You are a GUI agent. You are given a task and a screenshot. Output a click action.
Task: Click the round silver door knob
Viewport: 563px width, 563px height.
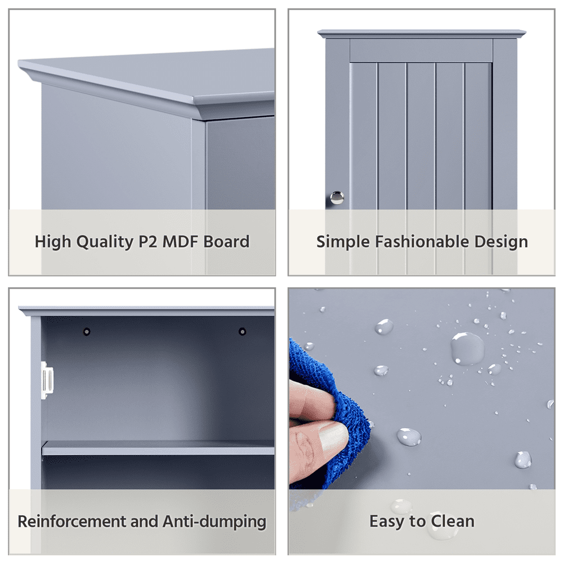pyautogui.click(x=337, y=198)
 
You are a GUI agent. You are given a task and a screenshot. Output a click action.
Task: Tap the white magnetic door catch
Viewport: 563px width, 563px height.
pyautogui.click(x=47, y=381)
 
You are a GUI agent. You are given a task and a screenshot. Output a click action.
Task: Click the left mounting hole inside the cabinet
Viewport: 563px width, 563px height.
pyautogui.click(x=87, y=332)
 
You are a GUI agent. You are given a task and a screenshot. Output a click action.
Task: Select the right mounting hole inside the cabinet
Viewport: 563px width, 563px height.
pyautogui.click(x=242, y=332)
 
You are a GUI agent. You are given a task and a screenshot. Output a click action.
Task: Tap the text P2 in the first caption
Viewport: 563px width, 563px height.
pyautogui.click(x=148, y=242)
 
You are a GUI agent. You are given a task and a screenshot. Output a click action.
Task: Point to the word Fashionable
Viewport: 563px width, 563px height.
pyautogui.click(x=422, y=242)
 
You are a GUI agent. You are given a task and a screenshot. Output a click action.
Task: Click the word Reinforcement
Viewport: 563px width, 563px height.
pyautogui.click(x=72, y=521)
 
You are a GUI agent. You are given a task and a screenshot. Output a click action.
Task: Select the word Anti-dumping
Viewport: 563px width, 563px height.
pyautogui.click(x=215, y=522)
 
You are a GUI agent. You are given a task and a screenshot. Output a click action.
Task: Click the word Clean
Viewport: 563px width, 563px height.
pyautogui.click(x=453, y=521)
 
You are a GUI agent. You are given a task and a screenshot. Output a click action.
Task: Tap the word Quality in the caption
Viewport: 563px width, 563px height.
pyautogui.click(x=105, y=242)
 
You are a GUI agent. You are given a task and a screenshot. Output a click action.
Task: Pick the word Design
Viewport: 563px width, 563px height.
pyautogui.click(x=501, y=242)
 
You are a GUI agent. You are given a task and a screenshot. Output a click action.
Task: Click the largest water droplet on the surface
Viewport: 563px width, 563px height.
pyautogui.click(x=467, y=348)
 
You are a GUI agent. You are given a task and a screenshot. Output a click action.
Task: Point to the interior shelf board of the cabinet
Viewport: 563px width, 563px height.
pyautogui.click(x=158, y=448)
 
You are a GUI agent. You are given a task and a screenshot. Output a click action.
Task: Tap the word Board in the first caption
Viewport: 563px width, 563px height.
pyautogui.click(x=226, y=242)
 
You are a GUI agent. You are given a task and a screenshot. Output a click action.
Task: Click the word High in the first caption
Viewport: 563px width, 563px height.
pyautogui.click(x=53, y=242)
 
